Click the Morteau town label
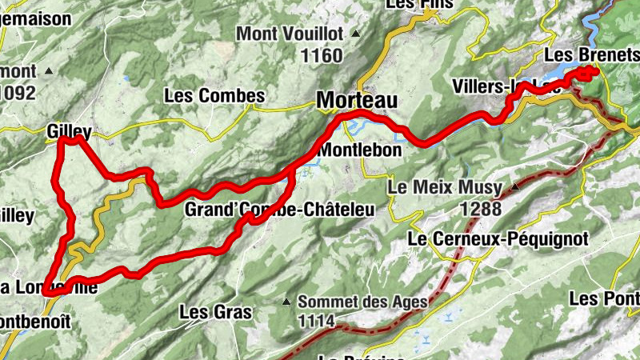pos(357,101)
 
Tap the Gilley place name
pos(69,130)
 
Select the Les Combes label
pos(214,95)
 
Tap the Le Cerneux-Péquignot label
pos(498,238)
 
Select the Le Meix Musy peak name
pos(444,188)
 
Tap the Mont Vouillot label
pos(290,34)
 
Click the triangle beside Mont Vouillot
pos(355,34)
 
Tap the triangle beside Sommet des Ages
pos(286,302)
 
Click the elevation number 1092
pos(18,93)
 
